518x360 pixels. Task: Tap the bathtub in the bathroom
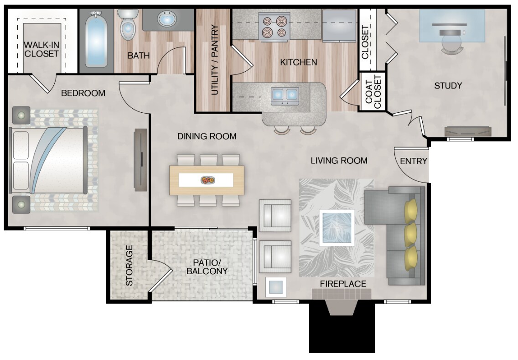click(97, 40)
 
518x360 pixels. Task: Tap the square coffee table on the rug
click(337, 228)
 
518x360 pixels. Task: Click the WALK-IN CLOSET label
click(41, 49)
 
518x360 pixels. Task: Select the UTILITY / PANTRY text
click(215, 60)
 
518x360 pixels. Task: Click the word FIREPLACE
click(343, 284)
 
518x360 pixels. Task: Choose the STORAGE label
click(129, 266)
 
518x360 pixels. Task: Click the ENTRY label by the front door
click(413, 161)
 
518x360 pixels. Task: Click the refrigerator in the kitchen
click(339, 25)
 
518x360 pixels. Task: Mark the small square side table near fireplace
click(276, 287)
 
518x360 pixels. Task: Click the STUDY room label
click(448, 86)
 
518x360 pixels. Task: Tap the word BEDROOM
click(83, 93)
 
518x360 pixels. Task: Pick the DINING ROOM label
click(207, 136)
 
